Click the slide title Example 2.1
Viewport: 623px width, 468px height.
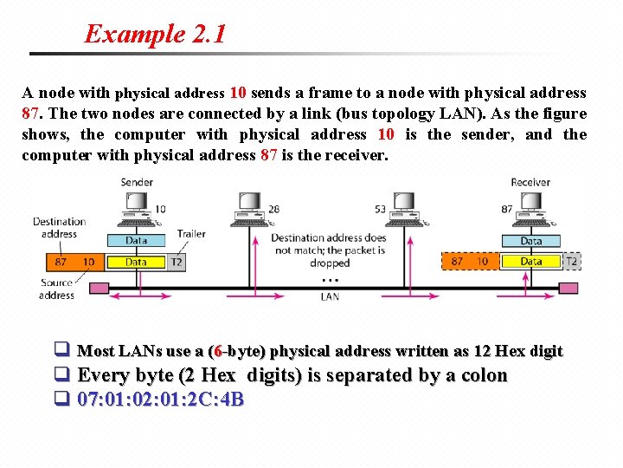(x=155, y=35)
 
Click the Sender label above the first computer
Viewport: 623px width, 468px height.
(x=137, y=182)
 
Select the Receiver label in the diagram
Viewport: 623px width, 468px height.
(x=530, y=182)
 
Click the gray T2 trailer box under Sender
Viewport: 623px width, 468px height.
(x=177, y=262)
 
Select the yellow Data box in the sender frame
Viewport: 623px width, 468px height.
(x=136, y=262)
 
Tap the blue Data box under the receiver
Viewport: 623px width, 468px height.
(x=531, y=241)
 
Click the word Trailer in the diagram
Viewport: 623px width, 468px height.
(x=191, y=234)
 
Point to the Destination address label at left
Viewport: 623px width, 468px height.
(x=59, y=227)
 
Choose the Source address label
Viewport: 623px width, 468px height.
(x=57, y=289)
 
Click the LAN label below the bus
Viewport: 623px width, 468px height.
(x=330, y=296)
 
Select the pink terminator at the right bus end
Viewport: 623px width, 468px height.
(x=568, y=288)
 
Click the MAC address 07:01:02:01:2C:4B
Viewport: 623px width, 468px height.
(x=160, y=400)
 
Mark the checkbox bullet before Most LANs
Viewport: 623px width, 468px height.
(x=61, y=351)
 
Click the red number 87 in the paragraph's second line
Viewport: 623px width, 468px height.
(x=32, y=114)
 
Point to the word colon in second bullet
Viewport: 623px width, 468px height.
(x=479, y=375)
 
